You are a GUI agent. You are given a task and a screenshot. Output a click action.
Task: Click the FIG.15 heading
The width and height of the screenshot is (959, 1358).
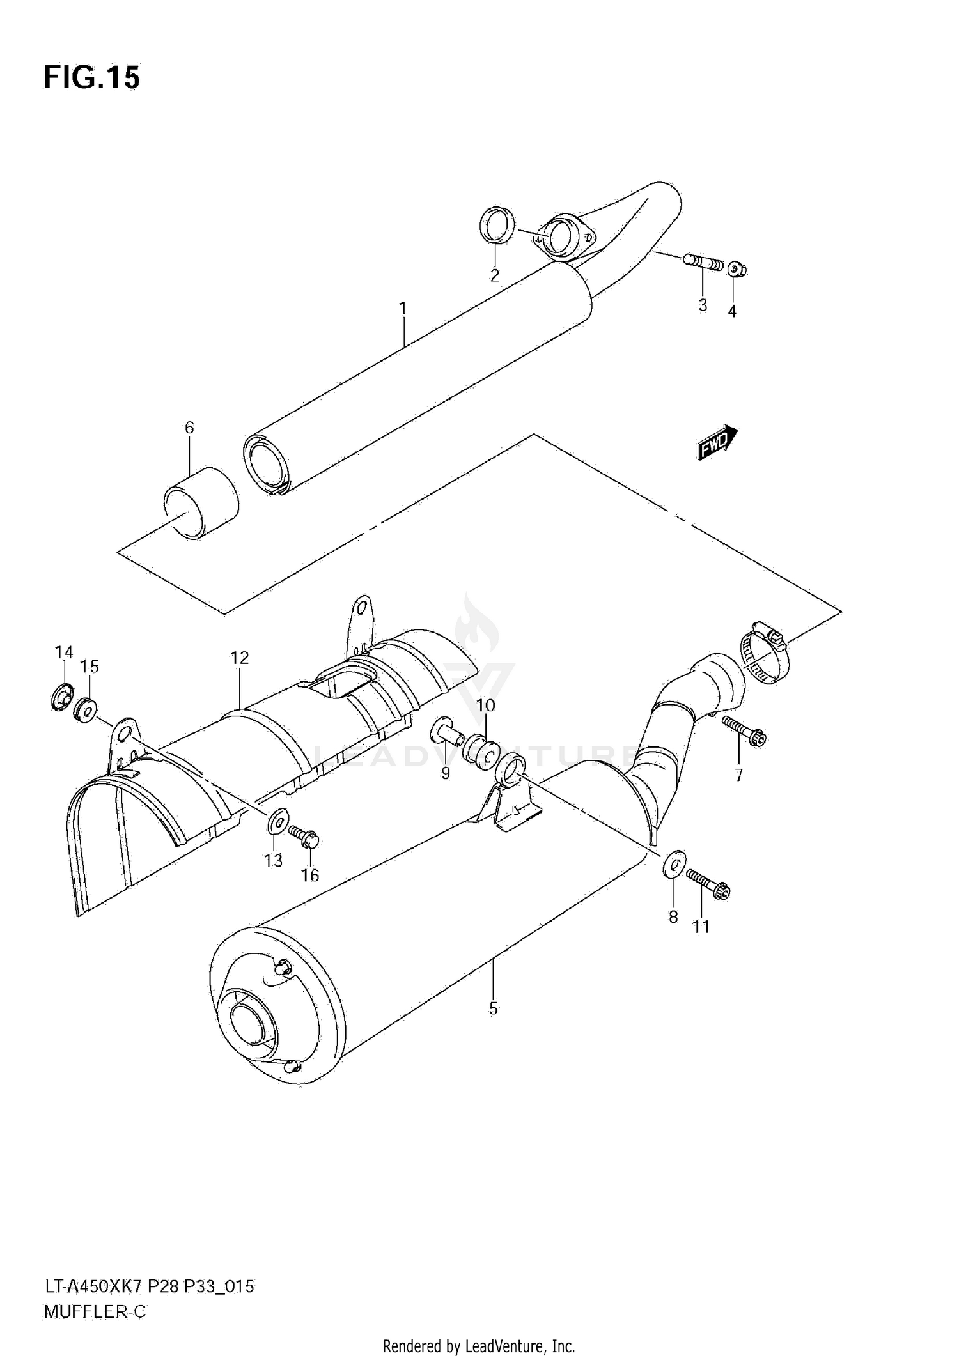[91, 77]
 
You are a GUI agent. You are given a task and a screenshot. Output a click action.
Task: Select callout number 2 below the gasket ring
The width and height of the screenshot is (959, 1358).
[494, 275]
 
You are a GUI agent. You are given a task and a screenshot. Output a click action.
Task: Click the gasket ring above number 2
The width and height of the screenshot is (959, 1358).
[497, 225]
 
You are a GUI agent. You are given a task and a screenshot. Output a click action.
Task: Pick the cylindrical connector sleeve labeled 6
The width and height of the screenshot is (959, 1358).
[201, 504]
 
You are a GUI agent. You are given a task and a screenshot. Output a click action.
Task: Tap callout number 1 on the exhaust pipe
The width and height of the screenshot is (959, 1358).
[403, 309]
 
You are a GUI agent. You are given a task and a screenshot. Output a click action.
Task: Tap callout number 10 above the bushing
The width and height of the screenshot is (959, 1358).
[486, 706]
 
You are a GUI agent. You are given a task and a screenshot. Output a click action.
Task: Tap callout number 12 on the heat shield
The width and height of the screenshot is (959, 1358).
[240, 658]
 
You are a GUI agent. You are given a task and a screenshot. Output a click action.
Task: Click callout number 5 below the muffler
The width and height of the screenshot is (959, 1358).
[493, 1008]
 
